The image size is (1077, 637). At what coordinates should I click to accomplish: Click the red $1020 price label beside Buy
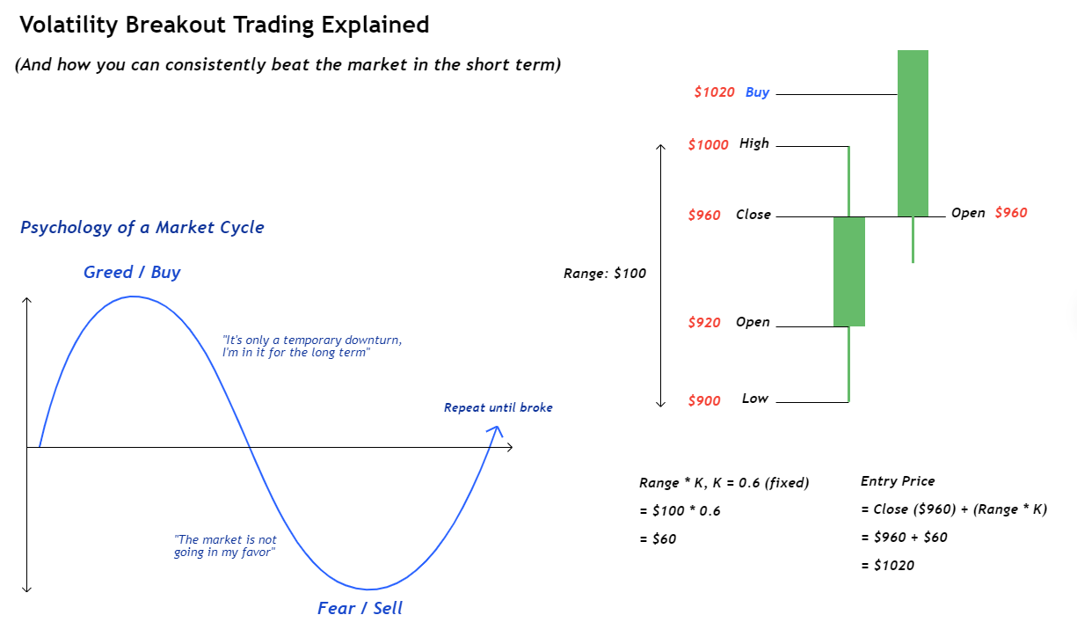pyautogui.click(x=714, y=92)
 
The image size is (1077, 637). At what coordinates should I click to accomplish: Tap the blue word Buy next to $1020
pyautogui.click(x=757, y=92)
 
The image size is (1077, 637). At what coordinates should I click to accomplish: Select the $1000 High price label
pyautogui.click(x=709, y=144)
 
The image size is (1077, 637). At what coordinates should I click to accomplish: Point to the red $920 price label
pyautogui.click(x=704, y=322)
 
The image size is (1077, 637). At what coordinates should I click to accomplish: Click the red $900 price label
pyautogui.click(x=704, y=400)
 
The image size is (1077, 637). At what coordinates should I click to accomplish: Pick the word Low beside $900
pyautogui.click(x=755, y=399)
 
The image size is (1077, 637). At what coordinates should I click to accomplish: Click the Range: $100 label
pyautogui.click(x=604, y=274)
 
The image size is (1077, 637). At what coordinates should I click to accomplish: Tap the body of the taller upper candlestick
pyautogui.click(x=913, y=133)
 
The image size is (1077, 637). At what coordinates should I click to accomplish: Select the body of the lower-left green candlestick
pyautogui.click(x=849, y=272)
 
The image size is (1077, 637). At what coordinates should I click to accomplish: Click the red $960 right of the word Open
pyautogui.click(x=1011, y=213)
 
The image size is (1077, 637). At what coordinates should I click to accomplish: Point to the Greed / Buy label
pyautogui.click(x=132, y=273)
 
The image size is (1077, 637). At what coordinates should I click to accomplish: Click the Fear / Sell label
pyautogui.click(x=360, y=608)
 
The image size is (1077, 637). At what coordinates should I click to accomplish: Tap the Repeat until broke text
pyautogui.click(x=498, y=407)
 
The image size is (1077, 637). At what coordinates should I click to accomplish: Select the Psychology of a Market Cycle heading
pyautogui.click(x=142, y=227)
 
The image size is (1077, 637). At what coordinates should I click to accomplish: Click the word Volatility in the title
pyautogui.click(x=69, y=25)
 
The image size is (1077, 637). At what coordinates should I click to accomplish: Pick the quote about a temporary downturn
pyautogui.click(x=312, y=346)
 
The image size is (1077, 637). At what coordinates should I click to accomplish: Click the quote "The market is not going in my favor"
pyautogui.click(x=225, y=545)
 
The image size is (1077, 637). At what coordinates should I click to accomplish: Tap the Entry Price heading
pyautogui.click(x=898, y=481)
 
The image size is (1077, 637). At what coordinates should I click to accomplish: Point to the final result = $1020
pyautogui.click(x=888, y=565)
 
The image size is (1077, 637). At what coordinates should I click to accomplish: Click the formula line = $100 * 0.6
pyautogui.click(x=680, y=510)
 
